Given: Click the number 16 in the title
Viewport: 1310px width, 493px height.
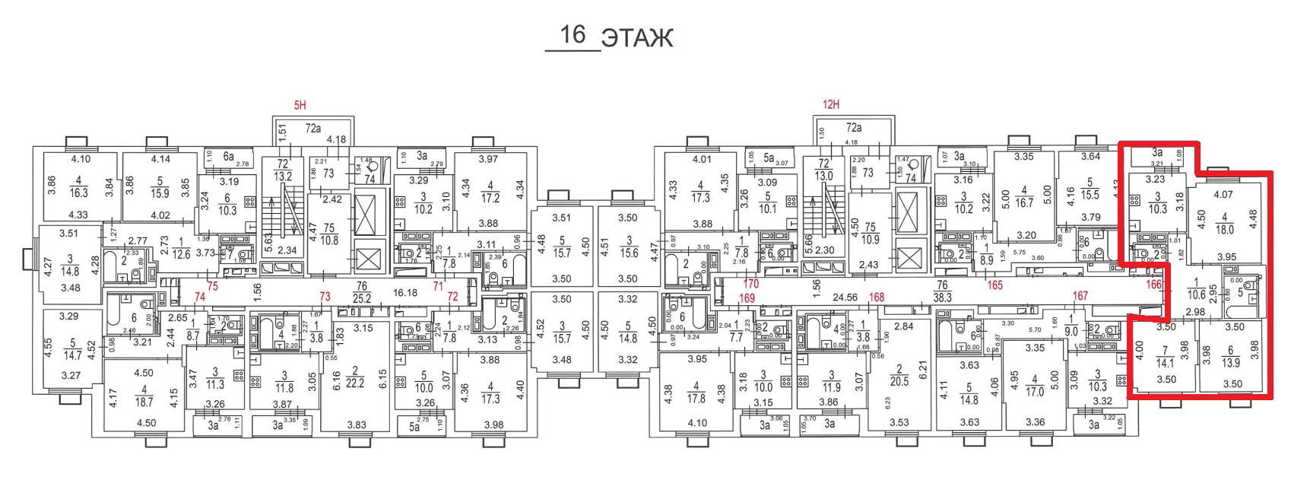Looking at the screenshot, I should point(572,34).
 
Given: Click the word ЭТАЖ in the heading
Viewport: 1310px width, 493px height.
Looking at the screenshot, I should point(637,37).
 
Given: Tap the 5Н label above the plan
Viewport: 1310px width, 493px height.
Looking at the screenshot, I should point(300,105).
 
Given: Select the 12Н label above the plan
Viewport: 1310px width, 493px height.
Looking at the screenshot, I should point(830,105).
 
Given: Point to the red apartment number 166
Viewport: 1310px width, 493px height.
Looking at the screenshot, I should point(1153,285).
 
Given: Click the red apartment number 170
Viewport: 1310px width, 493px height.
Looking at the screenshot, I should point(750,285).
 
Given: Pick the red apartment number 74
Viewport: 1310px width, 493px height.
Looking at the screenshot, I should point(200,297).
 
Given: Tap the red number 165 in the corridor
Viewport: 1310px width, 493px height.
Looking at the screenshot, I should point(994,285).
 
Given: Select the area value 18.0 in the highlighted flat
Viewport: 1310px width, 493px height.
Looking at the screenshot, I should point(1224,230).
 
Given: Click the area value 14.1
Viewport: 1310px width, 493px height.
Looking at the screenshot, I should point(1165,364).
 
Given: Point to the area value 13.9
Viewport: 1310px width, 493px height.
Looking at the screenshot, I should point(1229,363).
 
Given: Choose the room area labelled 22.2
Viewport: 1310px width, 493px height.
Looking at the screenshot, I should point(355,383).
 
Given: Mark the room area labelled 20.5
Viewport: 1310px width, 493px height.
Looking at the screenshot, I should point(899,381).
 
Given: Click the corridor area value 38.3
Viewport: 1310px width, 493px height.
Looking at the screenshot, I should point(942,297).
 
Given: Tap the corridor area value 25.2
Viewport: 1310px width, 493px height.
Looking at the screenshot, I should point(361,298).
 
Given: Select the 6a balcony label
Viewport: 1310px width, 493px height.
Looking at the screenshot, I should point(228,155).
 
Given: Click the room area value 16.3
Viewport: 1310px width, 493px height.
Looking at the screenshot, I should point(79,193).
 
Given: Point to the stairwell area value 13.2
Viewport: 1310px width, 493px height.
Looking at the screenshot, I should point(283,177).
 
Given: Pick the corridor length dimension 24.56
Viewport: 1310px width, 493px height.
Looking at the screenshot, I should point(845,297).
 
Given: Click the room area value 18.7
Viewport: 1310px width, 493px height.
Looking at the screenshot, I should point(144,402).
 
